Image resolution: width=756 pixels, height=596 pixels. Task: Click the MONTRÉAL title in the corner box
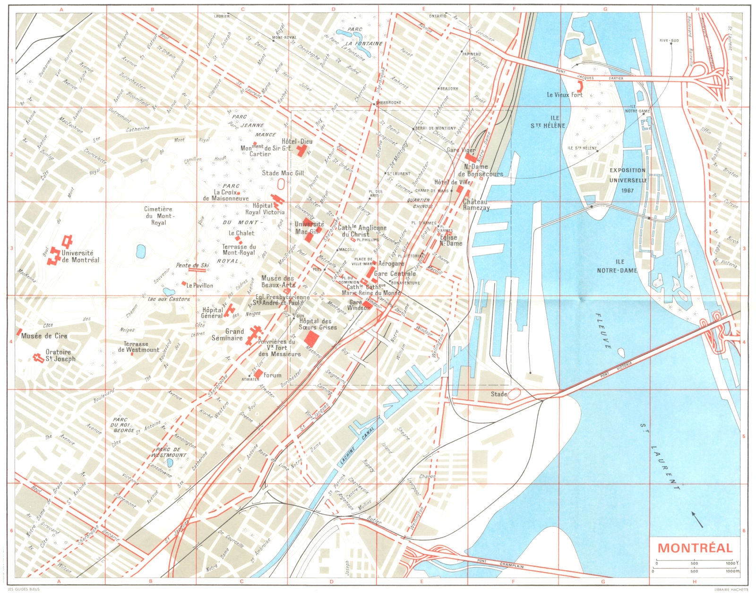click(695, 548)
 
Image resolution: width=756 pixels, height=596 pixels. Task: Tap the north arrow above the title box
click(697, 519)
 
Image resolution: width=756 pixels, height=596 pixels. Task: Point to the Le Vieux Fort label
click(565, 95)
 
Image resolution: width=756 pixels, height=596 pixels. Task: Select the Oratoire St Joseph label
click(60, 355)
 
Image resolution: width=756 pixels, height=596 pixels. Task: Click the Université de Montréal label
click(80, 256)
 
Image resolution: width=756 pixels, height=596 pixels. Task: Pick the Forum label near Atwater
click(273, 376)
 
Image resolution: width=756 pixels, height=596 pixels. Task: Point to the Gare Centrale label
click(395, 274)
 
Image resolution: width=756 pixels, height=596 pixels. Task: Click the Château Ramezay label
click(476, 204)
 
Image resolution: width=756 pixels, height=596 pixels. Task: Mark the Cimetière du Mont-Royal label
click(158, 216)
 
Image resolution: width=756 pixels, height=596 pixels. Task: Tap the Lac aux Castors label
click(169, 299)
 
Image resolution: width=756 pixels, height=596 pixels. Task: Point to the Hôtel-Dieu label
click(297, 142)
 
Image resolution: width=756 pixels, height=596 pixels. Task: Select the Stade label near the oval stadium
click(498, 394)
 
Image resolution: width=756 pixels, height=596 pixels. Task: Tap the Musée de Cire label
click(44, 336)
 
